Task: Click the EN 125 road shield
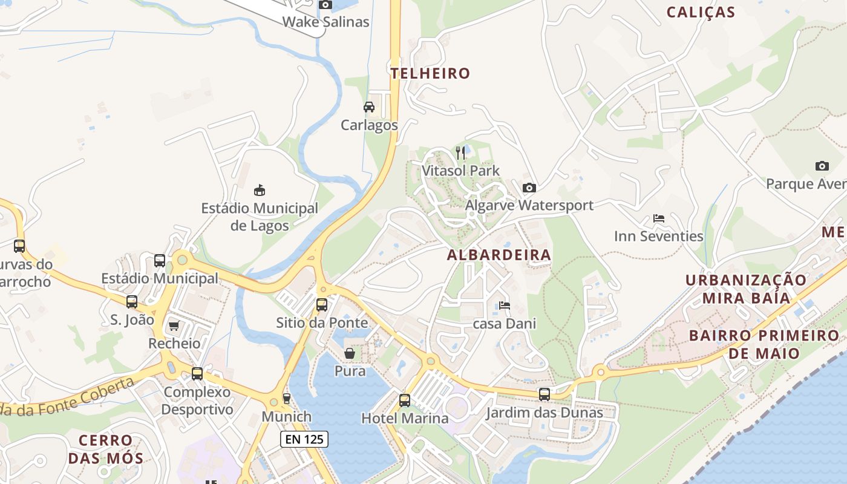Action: point(304,439)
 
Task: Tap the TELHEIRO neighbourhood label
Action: point(430,74)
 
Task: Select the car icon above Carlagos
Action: point(368,107)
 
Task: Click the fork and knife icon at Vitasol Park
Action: point(461,152)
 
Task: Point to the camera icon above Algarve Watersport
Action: point(529,188)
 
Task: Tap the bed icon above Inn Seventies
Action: point(659,218)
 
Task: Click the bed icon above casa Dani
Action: point(504,306)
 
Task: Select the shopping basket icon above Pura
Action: point(350,353)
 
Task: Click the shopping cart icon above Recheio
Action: point(174,326)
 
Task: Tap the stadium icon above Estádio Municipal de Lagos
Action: point(260,190)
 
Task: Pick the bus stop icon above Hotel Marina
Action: point(404,400)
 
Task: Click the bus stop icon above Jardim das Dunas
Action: point(544,394)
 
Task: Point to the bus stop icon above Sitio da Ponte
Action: point(322,304)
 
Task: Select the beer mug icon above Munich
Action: point(286,399)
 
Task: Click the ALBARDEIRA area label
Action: point(499,255)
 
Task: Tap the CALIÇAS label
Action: point(701,13)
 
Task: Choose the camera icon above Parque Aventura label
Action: point(822,166)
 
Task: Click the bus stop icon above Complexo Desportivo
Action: point(197,374)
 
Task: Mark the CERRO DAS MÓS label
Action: point(106,449)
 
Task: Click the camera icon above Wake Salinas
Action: point(325,5)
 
